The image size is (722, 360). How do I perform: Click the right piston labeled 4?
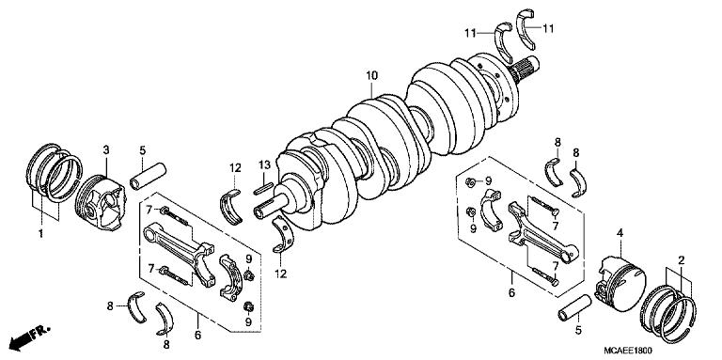point(617,276)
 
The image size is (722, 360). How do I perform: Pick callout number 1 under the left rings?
point(39,231)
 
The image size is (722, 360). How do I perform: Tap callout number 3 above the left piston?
point(106,150)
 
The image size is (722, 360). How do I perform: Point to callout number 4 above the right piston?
point(618,232)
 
